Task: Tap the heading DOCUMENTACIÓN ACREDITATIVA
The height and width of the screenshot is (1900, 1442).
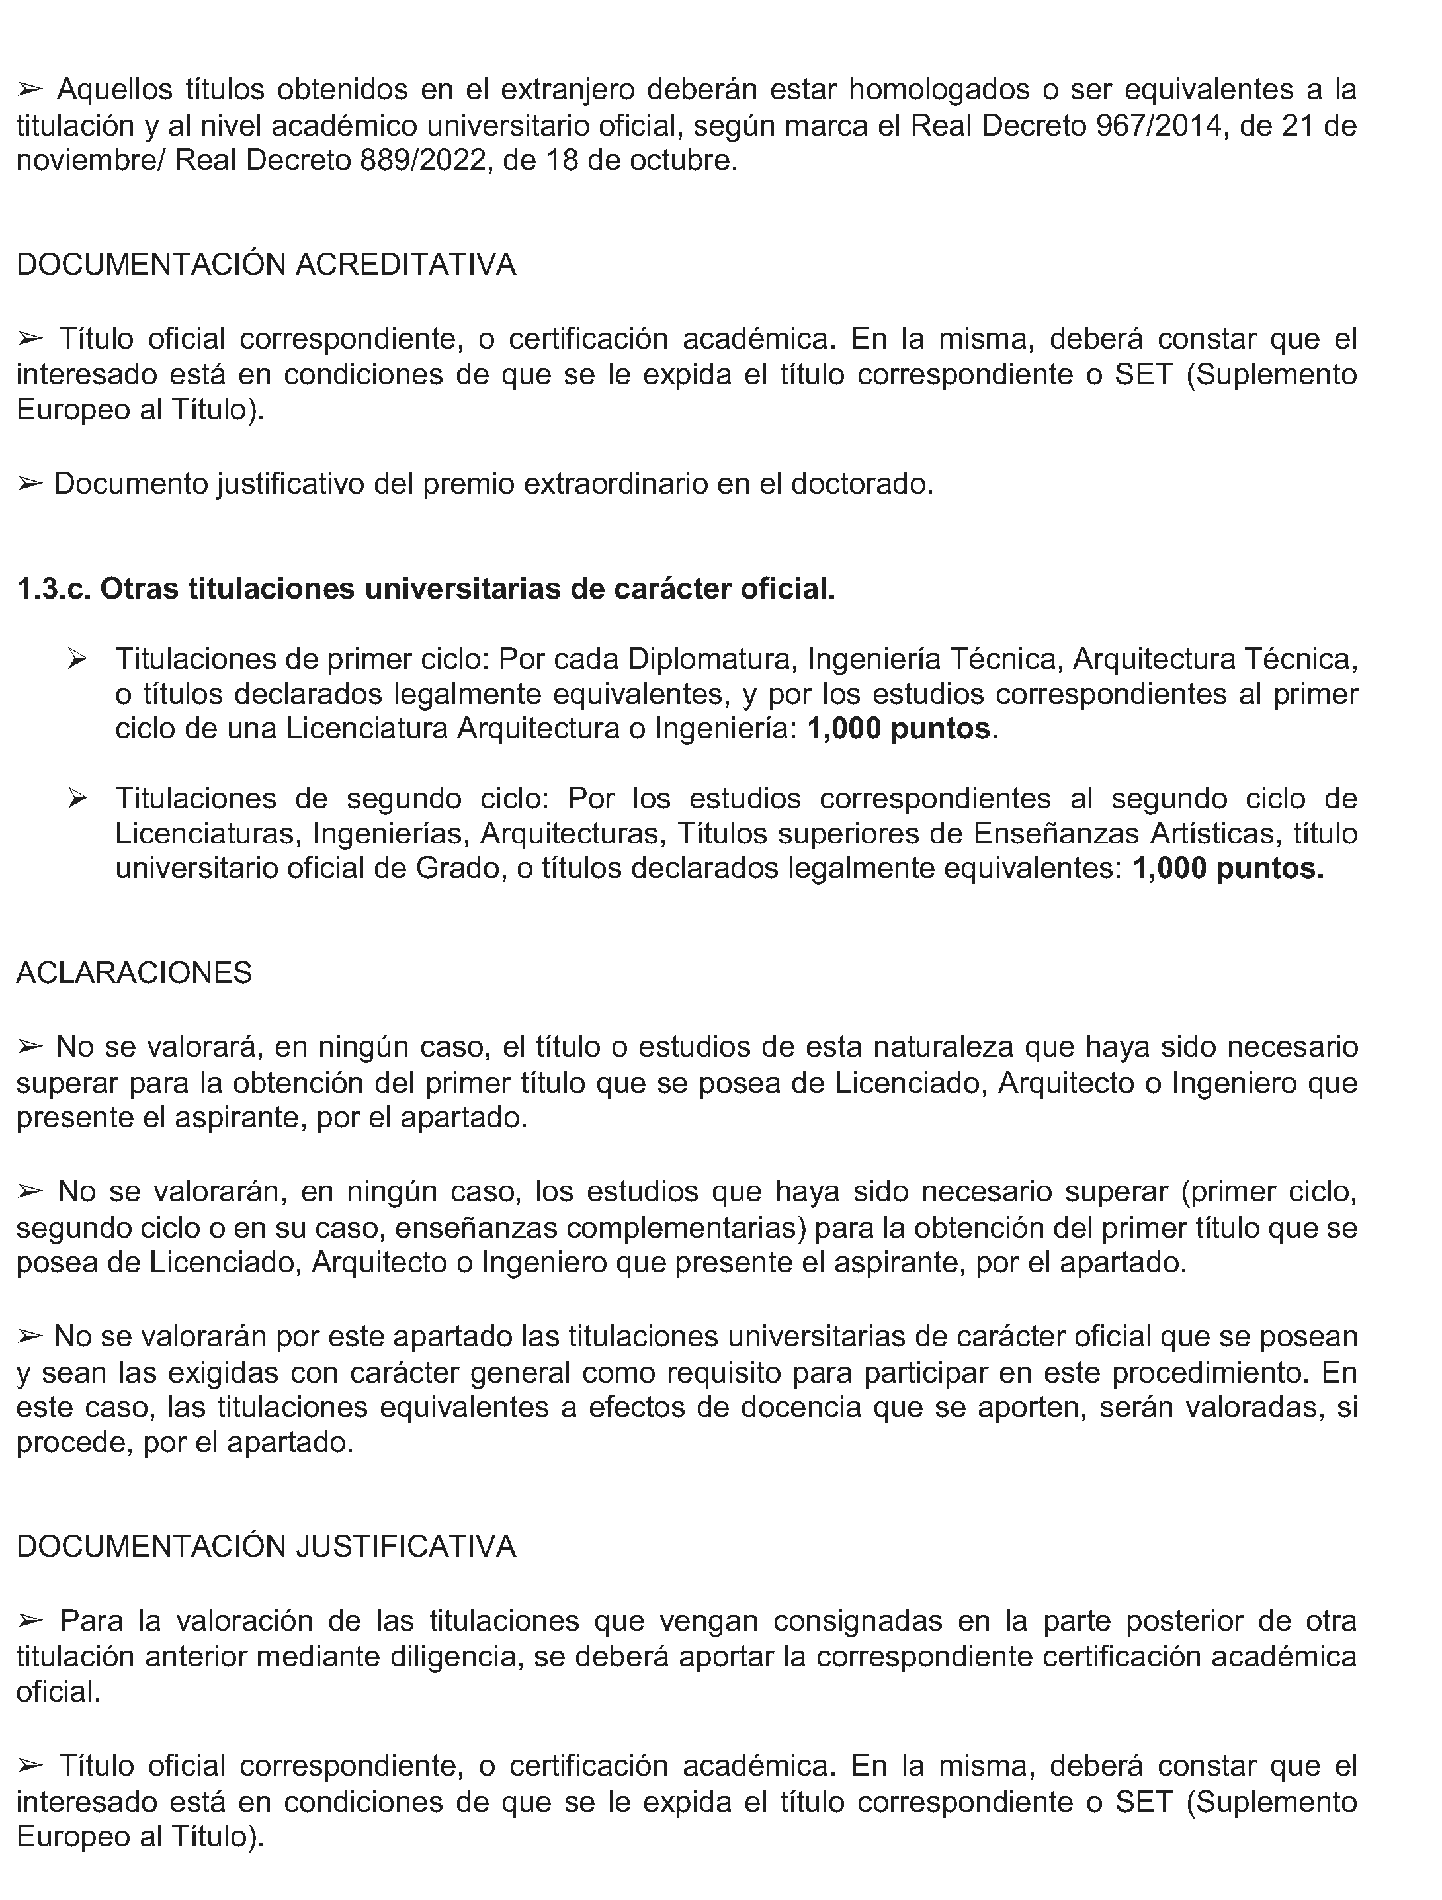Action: [x=267, y=264]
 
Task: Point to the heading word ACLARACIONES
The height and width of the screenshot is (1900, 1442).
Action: [x=134, y=972]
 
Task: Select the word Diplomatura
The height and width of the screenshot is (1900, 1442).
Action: [x=713, y=659]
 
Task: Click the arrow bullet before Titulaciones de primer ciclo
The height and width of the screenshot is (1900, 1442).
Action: [x=77, y=659]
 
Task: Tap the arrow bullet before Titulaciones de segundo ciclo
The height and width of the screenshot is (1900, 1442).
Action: [x=77, y=799]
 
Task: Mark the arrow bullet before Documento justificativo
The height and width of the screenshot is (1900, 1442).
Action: [x=29, y=484]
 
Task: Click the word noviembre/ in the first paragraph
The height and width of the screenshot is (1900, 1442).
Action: [x=89, y=161]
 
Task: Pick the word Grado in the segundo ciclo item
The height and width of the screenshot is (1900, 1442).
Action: [x=457, y=869]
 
